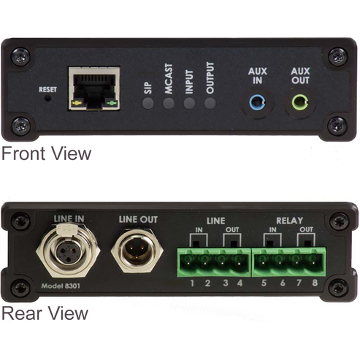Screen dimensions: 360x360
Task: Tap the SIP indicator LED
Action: (148, 103)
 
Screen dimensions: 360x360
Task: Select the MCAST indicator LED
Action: (169, 103)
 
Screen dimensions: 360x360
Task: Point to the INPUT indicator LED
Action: (189, 103)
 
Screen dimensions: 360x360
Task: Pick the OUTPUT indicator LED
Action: (210, 103)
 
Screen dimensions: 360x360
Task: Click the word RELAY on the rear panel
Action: (288, 220)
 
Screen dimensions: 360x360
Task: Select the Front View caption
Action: (46, 154)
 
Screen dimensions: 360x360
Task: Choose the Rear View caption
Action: (45, 313)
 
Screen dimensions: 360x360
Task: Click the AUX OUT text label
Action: (300, 77)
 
